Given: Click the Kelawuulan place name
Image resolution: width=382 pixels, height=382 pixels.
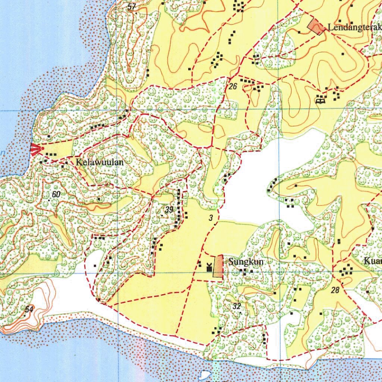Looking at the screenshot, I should click(x=99, y=162).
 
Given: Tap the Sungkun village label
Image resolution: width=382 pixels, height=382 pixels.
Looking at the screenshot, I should click(x=246, y=262).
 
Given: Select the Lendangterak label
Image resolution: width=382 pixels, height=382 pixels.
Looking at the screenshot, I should click(x=354, y=28).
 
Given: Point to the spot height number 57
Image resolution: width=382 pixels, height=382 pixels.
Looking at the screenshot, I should click(x=131, y=6).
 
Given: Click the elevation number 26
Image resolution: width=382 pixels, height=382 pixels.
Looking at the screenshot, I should click(x=233, y=87).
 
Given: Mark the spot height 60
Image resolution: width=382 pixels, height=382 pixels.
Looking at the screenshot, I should click(x=56, y=194).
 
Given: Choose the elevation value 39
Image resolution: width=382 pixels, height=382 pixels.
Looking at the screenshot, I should click(x=169, y=210).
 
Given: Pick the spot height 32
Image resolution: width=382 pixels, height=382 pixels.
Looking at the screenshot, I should click(x=237, y=307).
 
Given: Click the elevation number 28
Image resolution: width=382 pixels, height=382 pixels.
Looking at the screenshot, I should click(x=335, y=290).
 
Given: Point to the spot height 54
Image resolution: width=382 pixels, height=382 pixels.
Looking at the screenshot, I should click(x=29, y=309).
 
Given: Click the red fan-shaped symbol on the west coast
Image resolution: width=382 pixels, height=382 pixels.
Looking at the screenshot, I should click(x=37, y=149).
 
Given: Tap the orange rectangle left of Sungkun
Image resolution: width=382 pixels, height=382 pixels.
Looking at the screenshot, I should click(x=218, y=267).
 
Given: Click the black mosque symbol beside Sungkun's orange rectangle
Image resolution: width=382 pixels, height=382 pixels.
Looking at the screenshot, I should click(x=209, y=266).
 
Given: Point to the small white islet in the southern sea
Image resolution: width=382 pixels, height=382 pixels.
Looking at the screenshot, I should click(x=204, y=375).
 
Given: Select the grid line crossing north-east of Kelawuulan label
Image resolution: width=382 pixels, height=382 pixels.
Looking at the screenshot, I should click(x=117, y=111).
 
